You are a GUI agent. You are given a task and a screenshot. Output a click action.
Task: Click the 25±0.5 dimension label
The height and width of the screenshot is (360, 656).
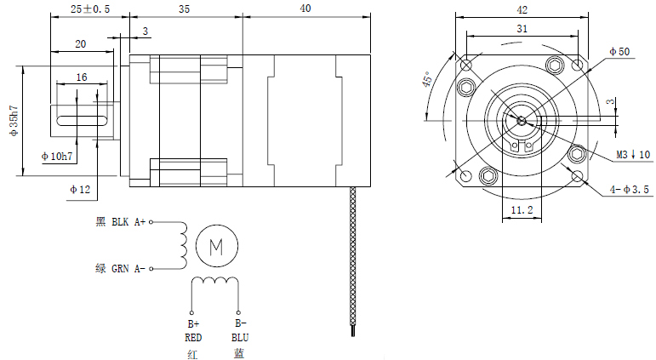(90, 9)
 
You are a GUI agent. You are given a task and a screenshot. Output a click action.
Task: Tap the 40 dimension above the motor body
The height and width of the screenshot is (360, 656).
(305, 9)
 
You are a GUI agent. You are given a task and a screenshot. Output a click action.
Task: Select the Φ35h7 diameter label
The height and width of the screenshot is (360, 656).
(14, 121)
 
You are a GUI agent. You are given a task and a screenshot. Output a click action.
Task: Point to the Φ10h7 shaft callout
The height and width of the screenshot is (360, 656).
(57, 157)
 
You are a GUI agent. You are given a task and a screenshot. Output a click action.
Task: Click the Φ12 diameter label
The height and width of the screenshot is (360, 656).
(80, 190)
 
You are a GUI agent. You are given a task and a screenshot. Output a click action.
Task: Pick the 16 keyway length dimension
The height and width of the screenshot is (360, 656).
(82, 77)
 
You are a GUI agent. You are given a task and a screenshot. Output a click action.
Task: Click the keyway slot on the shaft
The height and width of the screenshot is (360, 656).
(82, 121)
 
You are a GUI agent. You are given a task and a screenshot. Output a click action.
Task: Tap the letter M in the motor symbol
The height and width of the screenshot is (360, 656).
(216, 248)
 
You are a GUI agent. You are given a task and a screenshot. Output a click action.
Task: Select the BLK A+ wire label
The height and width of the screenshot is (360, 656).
(128, 222)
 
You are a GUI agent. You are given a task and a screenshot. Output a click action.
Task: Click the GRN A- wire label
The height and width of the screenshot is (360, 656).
(128, 268)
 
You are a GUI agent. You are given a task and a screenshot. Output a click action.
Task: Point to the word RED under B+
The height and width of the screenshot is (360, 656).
(193, 337)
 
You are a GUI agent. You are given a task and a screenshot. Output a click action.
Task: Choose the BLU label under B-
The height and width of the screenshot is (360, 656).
(240, 337)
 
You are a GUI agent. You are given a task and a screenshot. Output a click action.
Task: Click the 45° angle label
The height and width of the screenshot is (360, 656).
(428, 79)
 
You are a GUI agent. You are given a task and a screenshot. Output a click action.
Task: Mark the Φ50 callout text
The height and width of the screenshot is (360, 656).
(619, 51)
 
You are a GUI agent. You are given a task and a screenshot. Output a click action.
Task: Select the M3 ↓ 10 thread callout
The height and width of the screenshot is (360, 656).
(633, 154)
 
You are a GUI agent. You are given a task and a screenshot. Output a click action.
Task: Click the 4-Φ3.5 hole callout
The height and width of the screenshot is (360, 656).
(630, 190)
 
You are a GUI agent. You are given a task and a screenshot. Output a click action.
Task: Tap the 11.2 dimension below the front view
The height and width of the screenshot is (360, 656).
(522, 209)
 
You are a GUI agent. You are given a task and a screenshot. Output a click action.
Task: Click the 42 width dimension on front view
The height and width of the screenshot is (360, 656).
(522, 10)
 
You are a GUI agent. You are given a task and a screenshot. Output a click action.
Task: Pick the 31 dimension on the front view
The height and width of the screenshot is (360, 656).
(522, 29)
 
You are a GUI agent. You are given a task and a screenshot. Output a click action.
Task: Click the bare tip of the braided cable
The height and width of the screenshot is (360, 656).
(353, 332)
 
